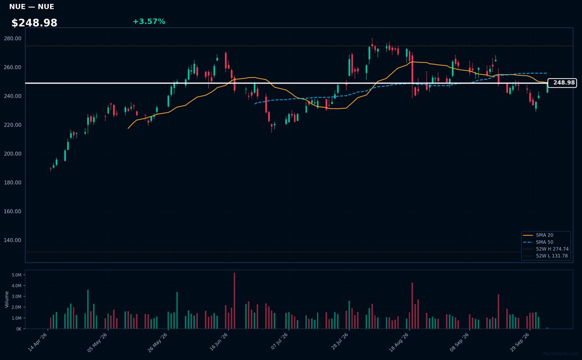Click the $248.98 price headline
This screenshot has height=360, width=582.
[x=34, y=23]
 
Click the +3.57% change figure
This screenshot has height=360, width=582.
[x=149, y=21]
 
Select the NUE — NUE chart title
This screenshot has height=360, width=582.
[x=32, y=7]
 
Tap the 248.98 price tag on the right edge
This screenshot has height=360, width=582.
[x=562, y=82]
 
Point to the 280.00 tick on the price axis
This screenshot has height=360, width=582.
[x=13, y=38]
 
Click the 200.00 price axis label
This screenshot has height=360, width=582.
[x=13, y=154]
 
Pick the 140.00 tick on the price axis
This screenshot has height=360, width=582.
[x=13, y=240]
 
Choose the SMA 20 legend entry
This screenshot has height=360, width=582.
[x=538, y=235]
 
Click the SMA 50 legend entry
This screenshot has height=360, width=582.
[x=538, y=242]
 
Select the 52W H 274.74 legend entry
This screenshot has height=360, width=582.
[x=546, y=249]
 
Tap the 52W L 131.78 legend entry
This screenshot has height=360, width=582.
[x=545, y=256]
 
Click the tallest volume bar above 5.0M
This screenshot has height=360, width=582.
[x=234, y=300]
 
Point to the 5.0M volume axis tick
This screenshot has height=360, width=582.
[x=16, y=275]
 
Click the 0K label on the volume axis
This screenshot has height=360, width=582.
[x=19, y=329]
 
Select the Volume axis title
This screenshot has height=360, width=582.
[x=7, y=299]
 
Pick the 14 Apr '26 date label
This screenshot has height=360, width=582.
[x=37, y=343]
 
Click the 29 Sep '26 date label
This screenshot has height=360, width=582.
[x=519, y=343]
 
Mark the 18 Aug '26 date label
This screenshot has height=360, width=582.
[x=399, y=343]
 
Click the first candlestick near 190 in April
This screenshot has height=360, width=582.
[x=50, y=169]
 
